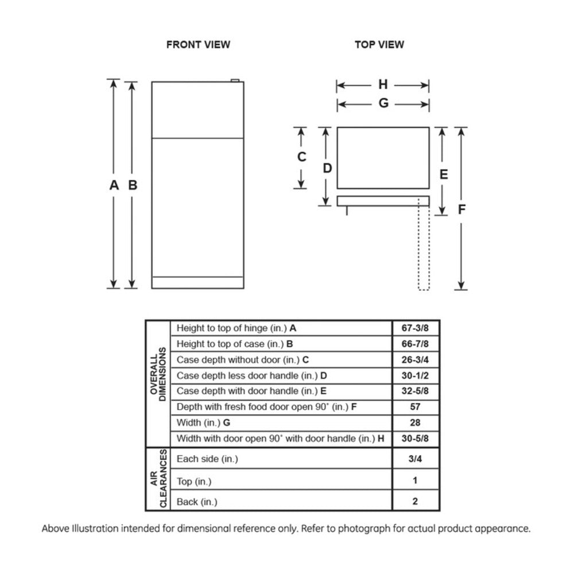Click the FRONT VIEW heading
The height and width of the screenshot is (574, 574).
[198, 44]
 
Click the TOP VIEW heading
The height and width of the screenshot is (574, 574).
[379, 44]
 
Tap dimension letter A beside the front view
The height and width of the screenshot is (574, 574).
[114, 185]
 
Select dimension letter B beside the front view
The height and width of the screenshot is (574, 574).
[133, 185]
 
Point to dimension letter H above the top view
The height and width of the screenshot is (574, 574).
[383, 85]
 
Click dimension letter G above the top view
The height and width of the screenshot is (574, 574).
[383, 103]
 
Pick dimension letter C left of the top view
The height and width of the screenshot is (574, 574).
[301, 157]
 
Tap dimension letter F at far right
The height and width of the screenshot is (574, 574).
[461, 210]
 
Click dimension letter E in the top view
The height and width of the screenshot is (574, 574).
[443, 174]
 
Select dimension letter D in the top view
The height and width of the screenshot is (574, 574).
[327, 168]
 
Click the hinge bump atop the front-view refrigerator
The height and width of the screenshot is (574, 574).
[234, 81]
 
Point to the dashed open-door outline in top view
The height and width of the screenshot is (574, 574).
[424, 247]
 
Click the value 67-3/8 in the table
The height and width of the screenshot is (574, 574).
[416, 328]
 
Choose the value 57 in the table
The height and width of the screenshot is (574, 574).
[416, 407]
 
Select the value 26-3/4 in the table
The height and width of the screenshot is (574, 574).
[416, 360]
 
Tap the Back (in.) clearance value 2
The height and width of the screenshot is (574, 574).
[415, 501]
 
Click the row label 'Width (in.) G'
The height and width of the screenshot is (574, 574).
[203, 423]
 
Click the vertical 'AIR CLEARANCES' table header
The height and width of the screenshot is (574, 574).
[158, 479]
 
